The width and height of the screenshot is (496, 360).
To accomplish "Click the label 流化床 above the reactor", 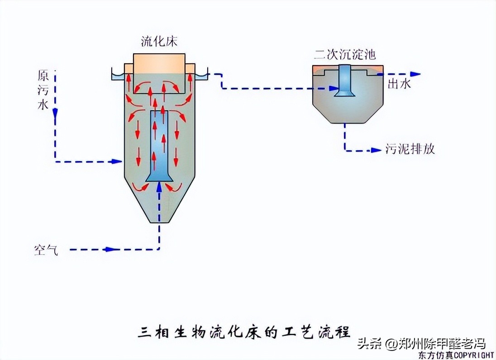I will pyautogui.click(x=159, y=42).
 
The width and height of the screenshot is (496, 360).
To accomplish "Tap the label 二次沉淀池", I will pyautogui.click(x=345, y=55).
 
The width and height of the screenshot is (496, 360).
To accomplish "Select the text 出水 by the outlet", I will pyautogui.click(x=399, y=84).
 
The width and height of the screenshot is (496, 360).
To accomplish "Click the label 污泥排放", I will pyautogui.click(x=410, y=149).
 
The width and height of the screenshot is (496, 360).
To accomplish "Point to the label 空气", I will pyautogui.click(x=46, y=250).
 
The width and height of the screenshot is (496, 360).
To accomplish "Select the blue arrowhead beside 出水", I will pyautogui.click(x=415, y=74).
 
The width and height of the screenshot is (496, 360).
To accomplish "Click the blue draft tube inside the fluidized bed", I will pyautogui.click(x=159, y=140).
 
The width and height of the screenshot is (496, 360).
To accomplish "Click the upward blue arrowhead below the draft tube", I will pyautogui.click(x=159, y=186).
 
